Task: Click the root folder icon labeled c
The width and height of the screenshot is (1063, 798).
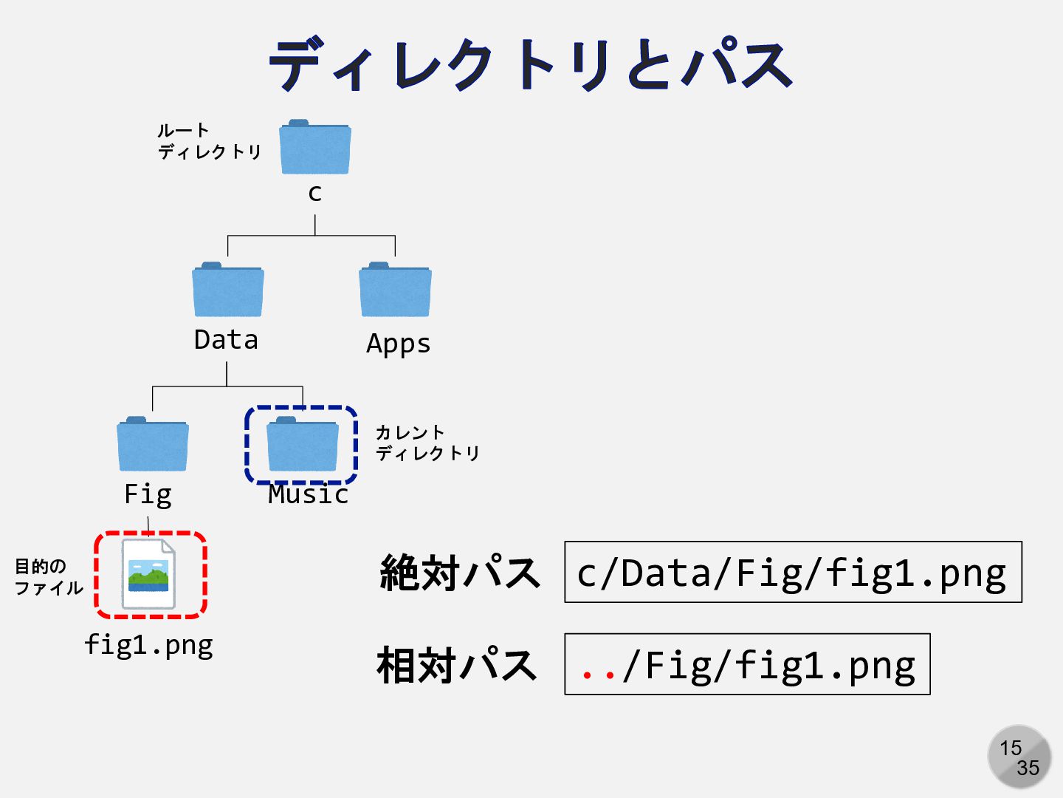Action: click(315, 148)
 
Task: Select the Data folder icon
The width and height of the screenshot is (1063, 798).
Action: click(227, 290)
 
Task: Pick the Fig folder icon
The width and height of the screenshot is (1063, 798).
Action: click(153, 445)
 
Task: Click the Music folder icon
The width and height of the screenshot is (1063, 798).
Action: click(302, 445)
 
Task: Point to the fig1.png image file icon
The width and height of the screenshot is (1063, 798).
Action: click(149, 574)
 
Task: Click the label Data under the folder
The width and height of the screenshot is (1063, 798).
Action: click(226, 340)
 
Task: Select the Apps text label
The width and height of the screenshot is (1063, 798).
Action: click(399, 344)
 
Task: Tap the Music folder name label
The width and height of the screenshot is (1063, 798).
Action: click(308, 494)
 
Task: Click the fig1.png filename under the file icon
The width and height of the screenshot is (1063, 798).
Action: click(148, 645)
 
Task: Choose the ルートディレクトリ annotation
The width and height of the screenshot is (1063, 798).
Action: click(209, 142)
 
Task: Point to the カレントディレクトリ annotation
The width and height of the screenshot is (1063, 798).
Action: click(427, 443)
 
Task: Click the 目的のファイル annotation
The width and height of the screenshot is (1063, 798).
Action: click(49, 577)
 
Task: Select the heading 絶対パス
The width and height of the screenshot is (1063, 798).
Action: click(459, 573)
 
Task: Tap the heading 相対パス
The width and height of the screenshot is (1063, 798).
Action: click(456, 664)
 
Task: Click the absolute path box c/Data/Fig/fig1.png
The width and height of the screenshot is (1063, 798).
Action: click(793, 573)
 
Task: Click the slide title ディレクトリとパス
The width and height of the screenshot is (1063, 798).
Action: click(531, 65)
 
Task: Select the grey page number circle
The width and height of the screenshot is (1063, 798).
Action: click(1019, 757)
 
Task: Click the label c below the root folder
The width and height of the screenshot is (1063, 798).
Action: click(315, 193)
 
